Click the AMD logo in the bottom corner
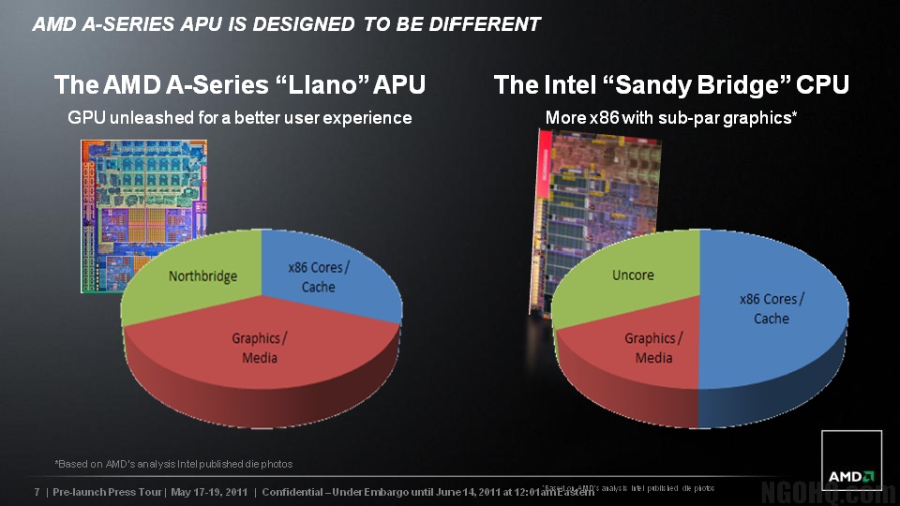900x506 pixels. pyautogui.click(x=851, y=461)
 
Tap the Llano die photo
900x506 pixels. pyautogui.click(x=141, y=187)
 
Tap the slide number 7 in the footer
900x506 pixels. pyautogui.click(x=37, y=492)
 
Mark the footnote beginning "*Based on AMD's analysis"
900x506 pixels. pyautogui.click(x=173, y=464)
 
